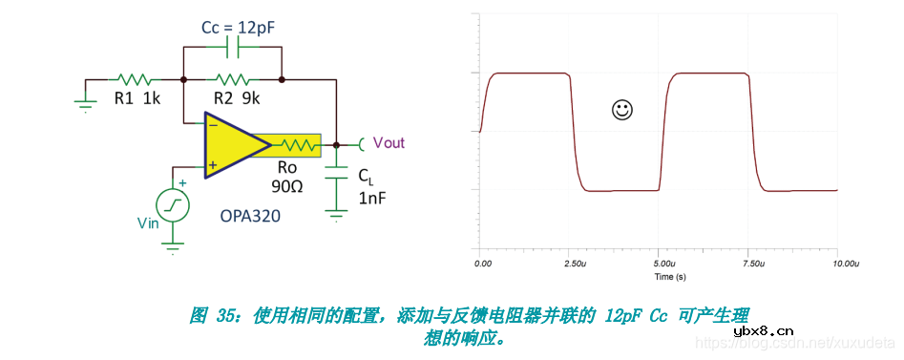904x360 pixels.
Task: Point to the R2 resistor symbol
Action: (x=232, y=78)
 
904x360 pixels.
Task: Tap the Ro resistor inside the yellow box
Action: (x=297, y=145)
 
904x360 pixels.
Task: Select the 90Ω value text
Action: (x=285, y=185)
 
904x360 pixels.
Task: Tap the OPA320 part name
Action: (x=249, y=216)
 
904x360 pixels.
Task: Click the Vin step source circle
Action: (x=173, y=204)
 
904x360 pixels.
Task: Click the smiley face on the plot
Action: (x=621, y=110)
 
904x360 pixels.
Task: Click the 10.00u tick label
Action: (x=845, y=262)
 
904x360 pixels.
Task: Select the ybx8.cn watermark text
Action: (x=764, y=331)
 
